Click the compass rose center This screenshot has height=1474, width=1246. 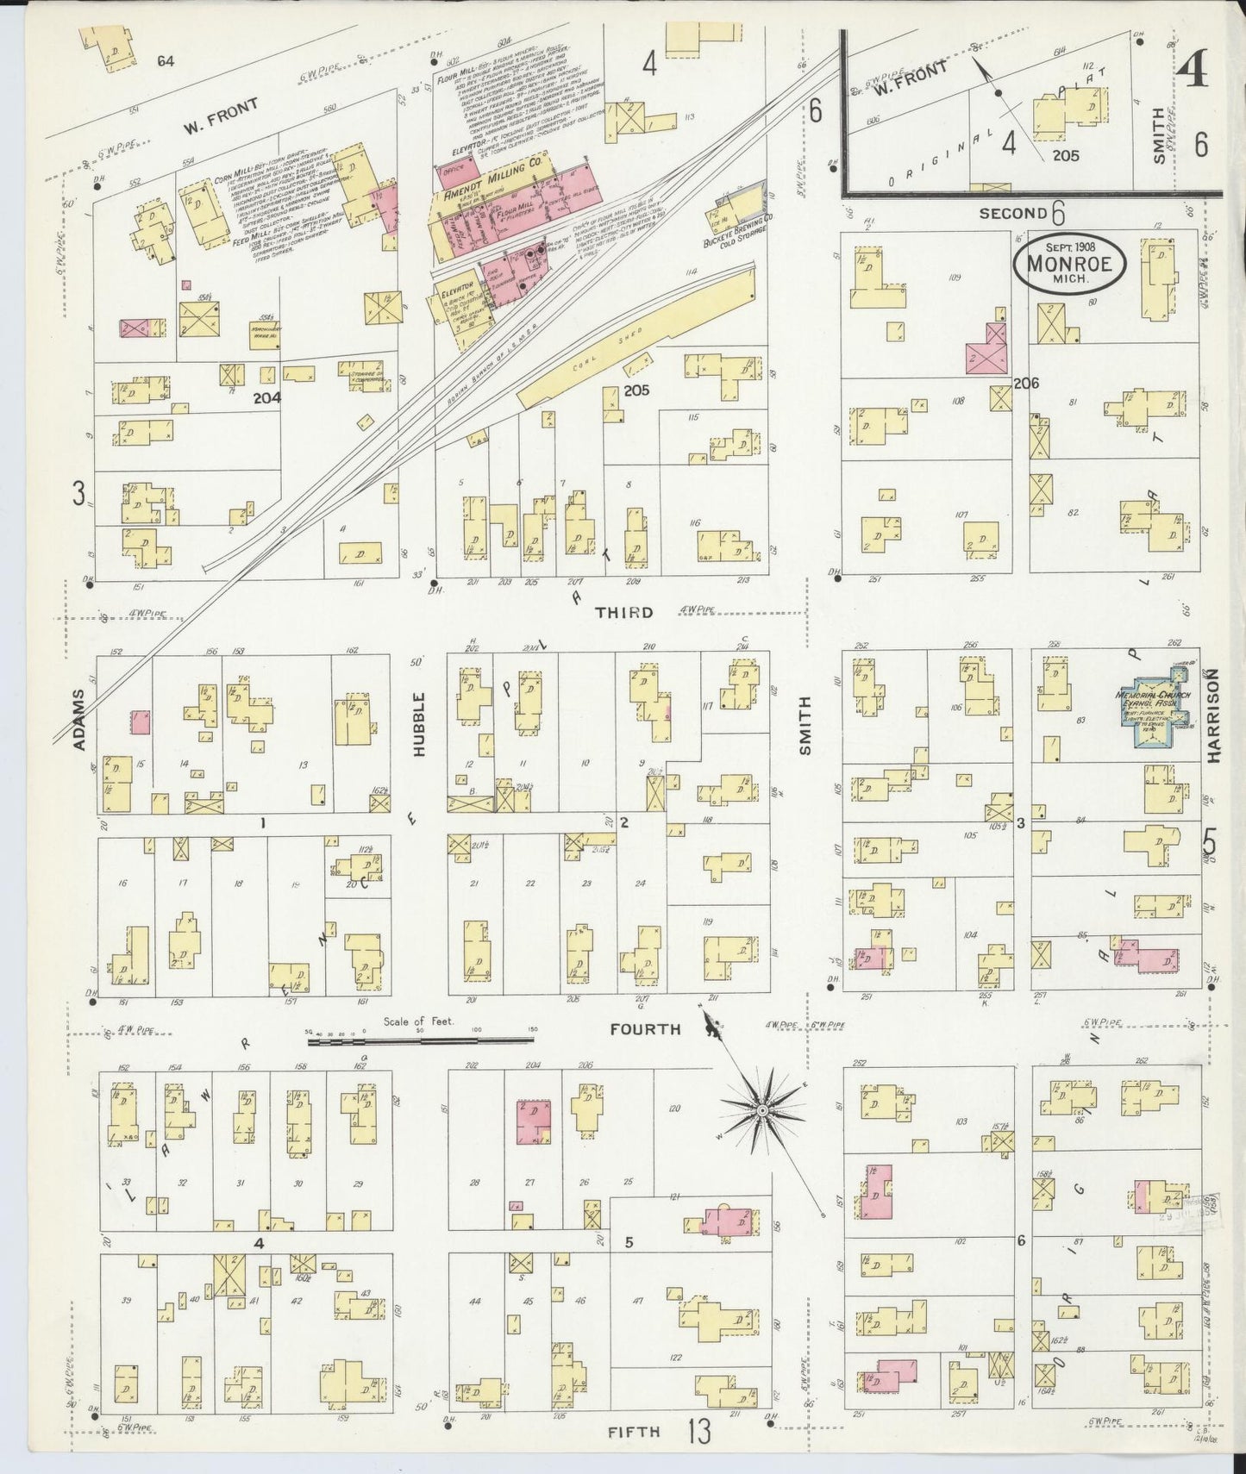761,1112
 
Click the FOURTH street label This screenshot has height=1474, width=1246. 645,1029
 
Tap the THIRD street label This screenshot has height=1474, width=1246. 623,613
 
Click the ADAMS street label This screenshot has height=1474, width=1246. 79,719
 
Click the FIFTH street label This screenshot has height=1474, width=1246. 634,1432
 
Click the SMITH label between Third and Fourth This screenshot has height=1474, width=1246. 806,726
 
